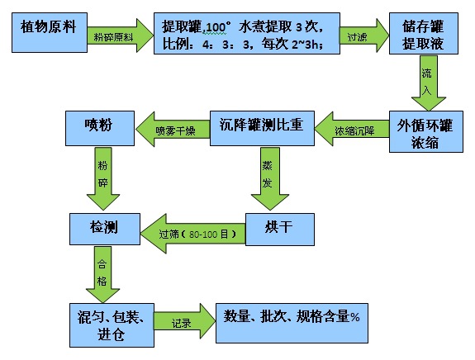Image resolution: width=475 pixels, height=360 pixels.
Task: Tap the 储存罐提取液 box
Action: click(x=422, y=34)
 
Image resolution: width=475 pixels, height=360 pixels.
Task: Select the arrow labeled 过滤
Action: click(x=360, y=36)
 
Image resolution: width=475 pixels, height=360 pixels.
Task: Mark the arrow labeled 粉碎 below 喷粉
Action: click(x=102, y=178)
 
